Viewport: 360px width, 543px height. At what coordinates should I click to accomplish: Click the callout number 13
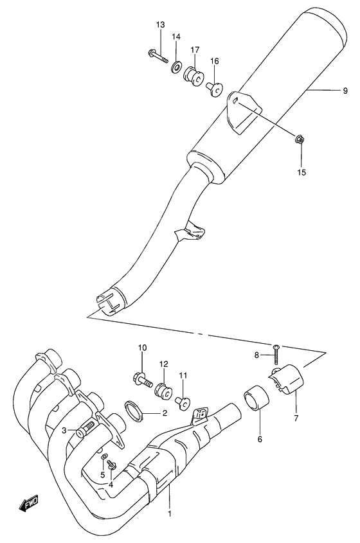[160, 24]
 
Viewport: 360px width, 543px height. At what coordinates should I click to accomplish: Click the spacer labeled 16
[215, 85]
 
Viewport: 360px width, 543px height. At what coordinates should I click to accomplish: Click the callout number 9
[345, 91]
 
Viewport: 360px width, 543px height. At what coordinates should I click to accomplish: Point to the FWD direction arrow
[30, 504]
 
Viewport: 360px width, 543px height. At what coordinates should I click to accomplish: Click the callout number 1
[170, 514]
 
